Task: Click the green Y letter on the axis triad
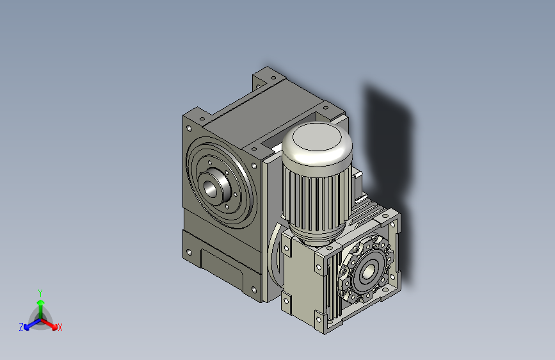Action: coord(40,292)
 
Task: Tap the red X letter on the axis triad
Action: coord(60,327)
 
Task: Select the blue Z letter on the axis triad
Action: coord(21,327)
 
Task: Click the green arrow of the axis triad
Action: coord(40,304)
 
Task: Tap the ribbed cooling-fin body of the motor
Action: coord(316,199)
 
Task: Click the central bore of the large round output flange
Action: coord(211,188)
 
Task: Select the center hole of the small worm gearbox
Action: coord(367,273)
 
